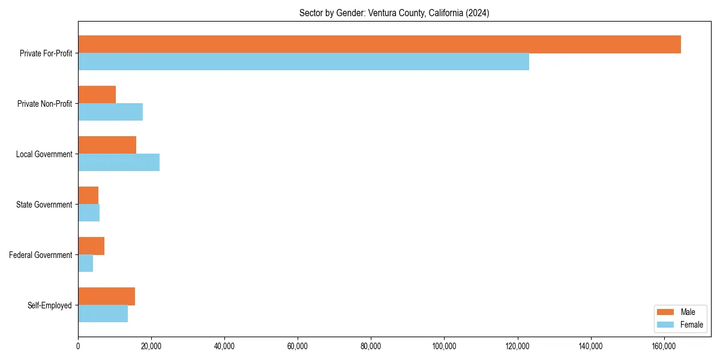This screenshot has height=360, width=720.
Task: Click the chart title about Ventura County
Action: coord(394,13)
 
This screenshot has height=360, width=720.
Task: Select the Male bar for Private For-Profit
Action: coord(379,44)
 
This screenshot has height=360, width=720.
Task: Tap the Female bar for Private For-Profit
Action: coord(304,62)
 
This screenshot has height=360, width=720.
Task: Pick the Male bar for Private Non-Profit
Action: coord(97,95)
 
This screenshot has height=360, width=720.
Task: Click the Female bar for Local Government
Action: coord(119,163)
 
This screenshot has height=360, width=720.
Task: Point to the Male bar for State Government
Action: coord(88,196)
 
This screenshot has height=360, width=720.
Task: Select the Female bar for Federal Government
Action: coord(85,263)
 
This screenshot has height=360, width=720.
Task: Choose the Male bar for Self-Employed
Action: coord(106,296)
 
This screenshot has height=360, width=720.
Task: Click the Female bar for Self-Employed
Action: coord(103,314)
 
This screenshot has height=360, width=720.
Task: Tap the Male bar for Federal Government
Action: coord(91,246)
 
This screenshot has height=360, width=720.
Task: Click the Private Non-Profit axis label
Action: coord(44,104)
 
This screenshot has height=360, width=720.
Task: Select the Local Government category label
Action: coord(44,154)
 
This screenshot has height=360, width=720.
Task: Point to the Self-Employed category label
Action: coord(49,305)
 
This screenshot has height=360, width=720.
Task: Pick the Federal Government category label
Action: coord(41,255)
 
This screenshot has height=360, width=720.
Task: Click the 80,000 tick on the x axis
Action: coord(371,346)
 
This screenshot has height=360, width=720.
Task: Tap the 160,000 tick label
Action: coord(664,346)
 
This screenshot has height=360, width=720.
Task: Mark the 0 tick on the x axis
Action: coord(78,346)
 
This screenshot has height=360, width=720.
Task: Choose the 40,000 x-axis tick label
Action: coord(224,346)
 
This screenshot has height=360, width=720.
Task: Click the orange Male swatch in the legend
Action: coord(666,312)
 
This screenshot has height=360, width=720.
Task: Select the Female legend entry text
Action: coord(692,325)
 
